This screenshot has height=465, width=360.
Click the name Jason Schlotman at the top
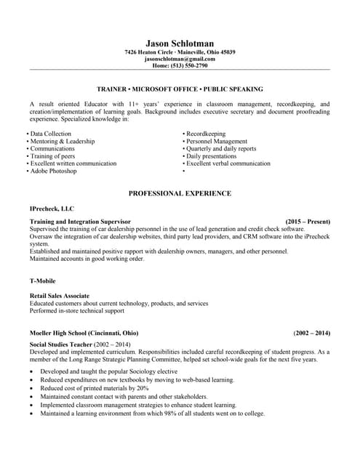click(180, 44)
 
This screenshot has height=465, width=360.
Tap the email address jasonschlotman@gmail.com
click(180, 59)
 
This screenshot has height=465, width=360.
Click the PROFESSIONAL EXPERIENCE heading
click(180, 193)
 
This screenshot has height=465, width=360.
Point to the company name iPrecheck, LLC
click(52, 208)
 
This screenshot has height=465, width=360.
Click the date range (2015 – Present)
click(308, 221)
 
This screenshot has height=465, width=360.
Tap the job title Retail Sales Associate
click(60, 296)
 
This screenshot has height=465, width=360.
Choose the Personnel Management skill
click(217, 142)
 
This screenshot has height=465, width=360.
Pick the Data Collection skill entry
click(50, 134)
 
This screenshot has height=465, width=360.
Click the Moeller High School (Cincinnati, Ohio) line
click(84, 333)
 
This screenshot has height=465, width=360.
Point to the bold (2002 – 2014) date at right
click(312, 333)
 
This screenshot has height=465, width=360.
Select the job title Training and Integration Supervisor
click(80, 221)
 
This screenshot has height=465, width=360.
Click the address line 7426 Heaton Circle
click(180, 52)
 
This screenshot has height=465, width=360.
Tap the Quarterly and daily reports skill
click(221, 149)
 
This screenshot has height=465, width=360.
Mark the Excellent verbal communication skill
click(228, 163)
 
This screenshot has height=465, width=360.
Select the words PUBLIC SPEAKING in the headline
click(233, 89)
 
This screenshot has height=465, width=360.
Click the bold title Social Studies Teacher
click(61, 344)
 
